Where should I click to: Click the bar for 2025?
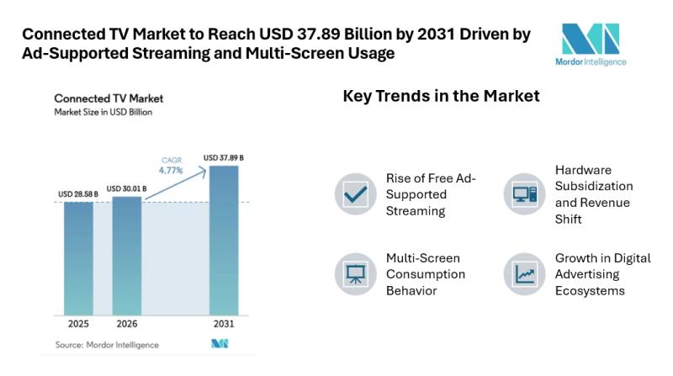pos(78,257)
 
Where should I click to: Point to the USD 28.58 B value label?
pos(78,194)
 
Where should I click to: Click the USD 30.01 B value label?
pos(127,188)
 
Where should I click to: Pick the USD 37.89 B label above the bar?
pos(224,157)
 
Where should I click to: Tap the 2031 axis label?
pos(224,324)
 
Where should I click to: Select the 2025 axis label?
pos(78,324)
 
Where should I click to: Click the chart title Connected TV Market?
pos(109,98)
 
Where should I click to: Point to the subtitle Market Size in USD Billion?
pos(103,111)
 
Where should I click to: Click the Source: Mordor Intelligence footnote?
pos(107,345)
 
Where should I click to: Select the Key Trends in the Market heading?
pos(441,97)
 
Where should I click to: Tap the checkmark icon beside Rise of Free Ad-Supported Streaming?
pos(356,194)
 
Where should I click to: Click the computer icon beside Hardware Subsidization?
pos(524,194)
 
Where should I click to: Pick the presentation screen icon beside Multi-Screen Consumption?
pos(356,273)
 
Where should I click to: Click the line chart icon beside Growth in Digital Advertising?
pos(524,273)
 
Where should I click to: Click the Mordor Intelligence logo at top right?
pos(592,44)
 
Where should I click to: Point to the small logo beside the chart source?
pos(220,344)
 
